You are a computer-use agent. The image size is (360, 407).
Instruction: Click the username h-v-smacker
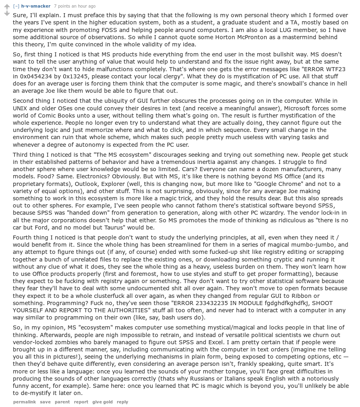(x=36, y=6)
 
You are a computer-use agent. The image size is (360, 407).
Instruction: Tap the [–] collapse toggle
(x=16, y=6)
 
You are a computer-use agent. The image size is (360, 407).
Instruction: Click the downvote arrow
(x=6, y=14)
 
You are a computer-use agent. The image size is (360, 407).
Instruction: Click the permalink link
(x=24, y=402)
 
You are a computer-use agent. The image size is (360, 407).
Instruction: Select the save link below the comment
(x=45, y=402)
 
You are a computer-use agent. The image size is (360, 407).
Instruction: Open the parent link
(x=62, y=402)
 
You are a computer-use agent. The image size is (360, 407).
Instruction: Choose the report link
(x=81, y=402)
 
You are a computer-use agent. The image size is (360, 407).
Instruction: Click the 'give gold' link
(x=102, y=402)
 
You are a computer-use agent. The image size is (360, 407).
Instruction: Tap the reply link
(x=122, y=402)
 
